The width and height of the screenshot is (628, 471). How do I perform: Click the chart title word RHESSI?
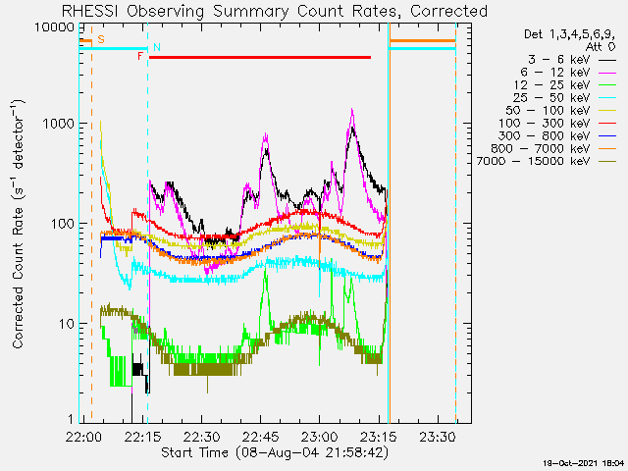point(90,11)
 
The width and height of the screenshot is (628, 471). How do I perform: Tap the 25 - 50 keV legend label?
point(551,98)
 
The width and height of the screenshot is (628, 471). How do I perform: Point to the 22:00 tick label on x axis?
point(83,437)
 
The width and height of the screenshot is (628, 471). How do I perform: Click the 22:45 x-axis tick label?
point(261,437)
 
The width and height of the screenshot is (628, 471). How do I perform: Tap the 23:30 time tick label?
point(438,437)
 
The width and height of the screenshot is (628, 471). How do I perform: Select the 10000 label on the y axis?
point(54,27)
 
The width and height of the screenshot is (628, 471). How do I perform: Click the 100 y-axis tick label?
point(63,224)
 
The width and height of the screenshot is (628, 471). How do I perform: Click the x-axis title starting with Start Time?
point(275,453)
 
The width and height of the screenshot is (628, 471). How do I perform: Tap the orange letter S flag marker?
point(101,39)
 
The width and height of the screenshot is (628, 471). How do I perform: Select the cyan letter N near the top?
point(157,47)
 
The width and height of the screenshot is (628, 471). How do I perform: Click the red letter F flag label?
point(140,56)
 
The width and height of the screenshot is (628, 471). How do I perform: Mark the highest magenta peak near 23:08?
point(352,109)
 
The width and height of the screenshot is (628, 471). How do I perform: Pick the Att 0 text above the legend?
point(601,47)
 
